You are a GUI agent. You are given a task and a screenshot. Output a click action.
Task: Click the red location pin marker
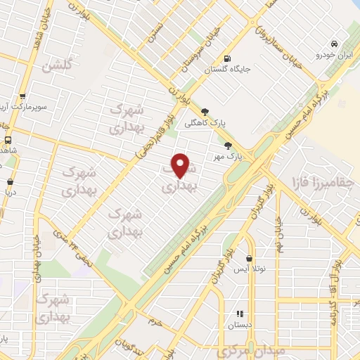(x=181, y=166)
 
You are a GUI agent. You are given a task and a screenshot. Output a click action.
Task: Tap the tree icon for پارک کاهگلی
(x=205, y=111)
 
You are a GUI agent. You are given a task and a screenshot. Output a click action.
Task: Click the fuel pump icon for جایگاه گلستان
(x=226, y=59)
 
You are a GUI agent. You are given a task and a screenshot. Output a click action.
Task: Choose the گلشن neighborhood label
(x=58, y=67)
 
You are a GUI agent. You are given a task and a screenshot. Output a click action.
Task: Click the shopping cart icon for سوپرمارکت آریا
(x=23, y=97)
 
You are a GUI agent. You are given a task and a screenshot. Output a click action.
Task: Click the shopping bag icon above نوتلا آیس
(x=248, y=258)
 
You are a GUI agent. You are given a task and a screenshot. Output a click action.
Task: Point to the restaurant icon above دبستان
(x=239, y=314)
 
